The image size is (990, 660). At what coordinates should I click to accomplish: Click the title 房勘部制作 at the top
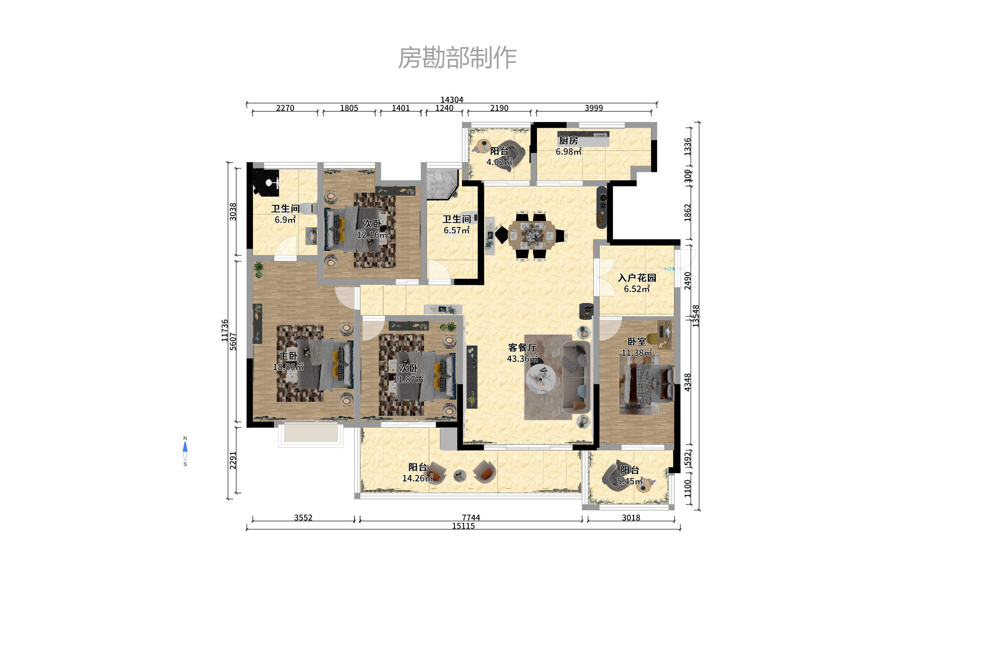pos(457,58)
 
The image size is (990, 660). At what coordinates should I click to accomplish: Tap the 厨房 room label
pos(568,140)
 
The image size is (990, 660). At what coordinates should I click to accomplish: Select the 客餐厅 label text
pos(522,347)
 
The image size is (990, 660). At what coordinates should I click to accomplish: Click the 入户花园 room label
pos(637,278)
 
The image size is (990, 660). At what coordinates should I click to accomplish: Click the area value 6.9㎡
pos(285,220)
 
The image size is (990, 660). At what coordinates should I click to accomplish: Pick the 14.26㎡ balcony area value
pos(417,478)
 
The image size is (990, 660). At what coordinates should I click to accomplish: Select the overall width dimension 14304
pos(452,100)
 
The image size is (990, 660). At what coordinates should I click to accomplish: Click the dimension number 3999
pos(594,108)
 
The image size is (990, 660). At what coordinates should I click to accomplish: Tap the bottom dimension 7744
pos(471,517)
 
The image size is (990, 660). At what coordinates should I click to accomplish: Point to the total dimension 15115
pos(463,526)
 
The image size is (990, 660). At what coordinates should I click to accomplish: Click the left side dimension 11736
pos(225,330)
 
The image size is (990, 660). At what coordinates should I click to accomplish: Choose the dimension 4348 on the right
pos(688,382)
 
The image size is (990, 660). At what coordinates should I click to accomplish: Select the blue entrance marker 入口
pos(669,268)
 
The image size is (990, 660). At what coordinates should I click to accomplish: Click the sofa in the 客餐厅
pos(576,376)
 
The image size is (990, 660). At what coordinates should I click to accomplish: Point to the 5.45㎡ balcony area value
pos(630,481)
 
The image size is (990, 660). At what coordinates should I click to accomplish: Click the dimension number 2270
pos(285,108)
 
